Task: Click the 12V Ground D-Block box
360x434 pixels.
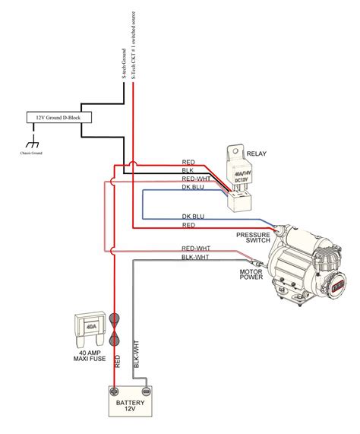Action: coord(49,118)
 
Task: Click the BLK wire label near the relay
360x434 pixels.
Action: coord(188,171)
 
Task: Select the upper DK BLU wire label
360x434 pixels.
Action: coord(193,187)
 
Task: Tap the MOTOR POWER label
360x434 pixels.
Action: coord(251,273)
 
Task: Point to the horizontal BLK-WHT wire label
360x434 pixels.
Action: coord(195,258)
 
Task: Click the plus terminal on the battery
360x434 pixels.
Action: coord(115,390)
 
